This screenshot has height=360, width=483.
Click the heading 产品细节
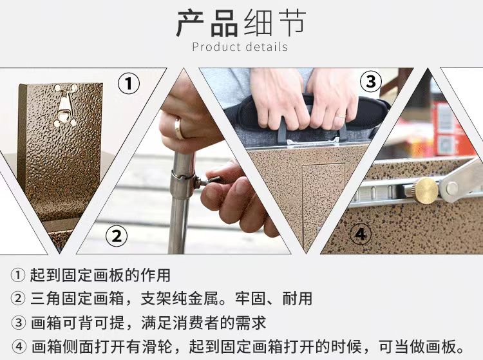click(x=241, y=23)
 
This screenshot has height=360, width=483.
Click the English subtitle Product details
click(x=240, y=47)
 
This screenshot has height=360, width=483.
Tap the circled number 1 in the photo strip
click(x=128, y=84)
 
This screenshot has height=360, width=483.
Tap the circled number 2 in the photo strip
click(x=116, y=236)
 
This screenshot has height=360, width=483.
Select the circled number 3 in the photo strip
click(x=370, y=82)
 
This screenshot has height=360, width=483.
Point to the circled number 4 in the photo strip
click(x=361, y=234)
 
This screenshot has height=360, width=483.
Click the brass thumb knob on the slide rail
click(x=426, y=190)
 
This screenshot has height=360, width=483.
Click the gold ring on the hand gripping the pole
click(x=178, y=128)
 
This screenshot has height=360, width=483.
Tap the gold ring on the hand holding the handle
click(x=341, y=116)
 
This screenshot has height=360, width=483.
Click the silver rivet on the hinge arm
click(x=452, y=187)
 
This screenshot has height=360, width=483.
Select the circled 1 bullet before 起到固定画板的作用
click(x=17, y=275)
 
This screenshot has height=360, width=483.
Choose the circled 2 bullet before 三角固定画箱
click(x=17, y=298)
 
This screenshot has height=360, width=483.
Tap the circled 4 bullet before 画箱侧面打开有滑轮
click(x=19, y=347)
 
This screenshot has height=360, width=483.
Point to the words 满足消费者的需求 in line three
click(x=204, y=323)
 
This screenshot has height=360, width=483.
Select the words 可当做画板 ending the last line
click(x=418, y=346)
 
